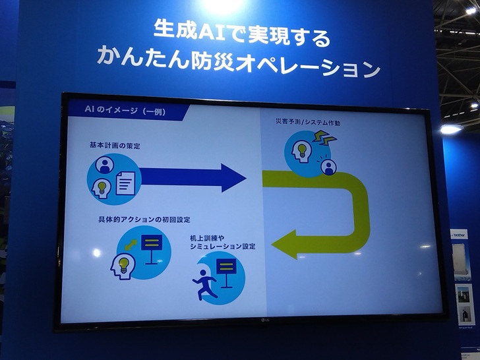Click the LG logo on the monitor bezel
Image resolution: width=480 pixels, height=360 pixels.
tap(265, 320)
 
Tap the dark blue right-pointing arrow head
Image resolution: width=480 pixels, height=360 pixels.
tap(233, 178)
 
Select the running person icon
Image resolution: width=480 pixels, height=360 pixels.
tap(204, 284)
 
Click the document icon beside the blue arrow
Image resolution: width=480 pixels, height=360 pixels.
tap(125, 183)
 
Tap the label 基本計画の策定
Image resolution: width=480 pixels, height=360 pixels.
tap(115, 146)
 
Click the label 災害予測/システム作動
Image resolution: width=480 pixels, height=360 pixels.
tap(308, 122)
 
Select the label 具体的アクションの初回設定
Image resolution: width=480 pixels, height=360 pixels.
tap(144, 219)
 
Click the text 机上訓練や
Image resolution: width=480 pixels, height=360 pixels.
tap(207, 238)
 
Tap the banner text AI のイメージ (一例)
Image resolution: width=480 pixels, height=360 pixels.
tap(125, 110)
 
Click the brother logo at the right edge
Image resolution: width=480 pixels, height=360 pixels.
tap(459, 235)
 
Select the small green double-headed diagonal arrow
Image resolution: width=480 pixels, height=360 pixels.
tap(131, 245)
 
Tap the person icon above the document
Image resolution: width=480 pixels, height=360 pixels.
tap(105, 165)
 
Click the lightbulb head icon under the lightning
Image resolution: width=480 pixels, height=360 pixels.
tap(301, 151)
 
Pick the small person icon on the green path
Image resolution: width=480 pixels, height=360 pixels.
tap(329, 167)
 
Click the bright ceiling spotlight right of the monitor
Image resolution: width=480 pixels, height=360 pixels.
tap(450, 129)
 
